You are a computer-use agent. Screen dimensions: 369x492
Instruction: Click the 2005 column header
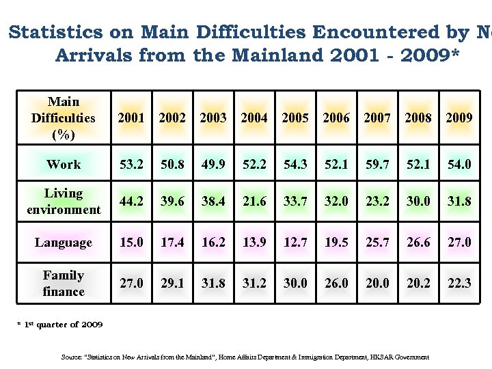(295, 118)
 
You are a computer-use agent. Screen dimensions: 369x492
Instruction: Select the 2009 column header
(459, 118)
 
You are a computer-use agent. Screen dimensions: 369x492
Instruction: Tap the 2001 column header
(131, 118)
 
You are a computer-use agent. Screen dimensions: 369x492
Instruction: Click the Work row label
(64, 165)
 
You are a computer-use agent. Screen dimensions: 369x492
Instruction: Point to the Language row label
(64, 243)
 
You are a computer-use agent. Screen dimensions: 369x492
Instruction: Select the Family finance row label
(64, 284)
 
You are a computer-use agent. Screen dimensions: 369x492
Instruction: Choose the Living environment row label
(64, 202)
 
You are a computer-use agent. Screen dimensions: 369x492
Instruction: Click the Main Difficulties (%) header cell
(64, 118)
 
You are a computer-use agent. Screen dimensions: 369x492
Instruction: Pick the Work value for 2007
(377, 165)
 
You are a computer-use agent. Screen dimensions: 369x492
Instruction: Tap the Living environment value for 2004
(254, 202)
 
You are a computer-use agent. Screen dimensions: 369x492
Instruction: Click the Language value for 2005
(295, 243)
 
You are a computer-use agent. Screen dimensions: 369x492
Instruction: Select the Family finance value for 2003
(213, 284)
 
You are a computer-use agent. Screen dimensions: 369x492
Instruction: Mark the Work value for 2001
(131, 165)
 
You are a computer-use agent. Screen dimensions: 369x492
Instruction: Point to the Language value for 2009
(459, 243)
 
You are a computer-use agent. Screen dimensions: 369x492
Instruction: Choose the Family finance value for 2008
(418, 284)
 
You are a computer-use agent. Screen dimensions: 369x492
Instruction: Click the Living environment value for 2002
(172, 202)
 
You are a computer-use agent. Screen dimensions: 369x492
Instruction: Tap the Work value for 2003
(213, 165)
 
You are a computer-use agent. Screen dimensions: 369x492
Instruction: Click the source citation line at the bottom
(245, 357)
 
